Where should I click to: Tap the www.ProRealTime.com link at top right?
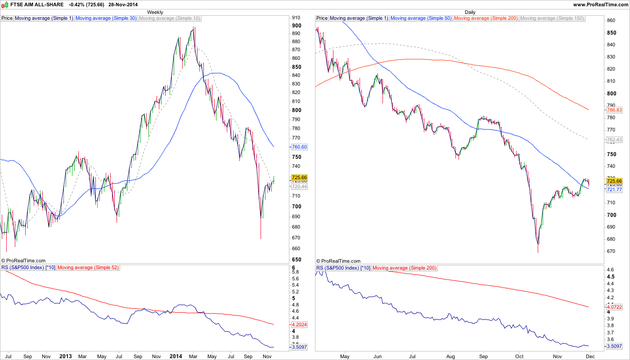pyautogui.click(x=600, y=4)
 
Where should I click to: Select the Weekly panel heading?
pyautogui.click(x=155, y=12)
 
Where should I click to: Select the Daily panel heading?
pyautogui.click(x=470, y=12)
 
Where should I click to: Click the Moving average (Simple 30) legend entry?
pyautogui.click(x=106, y=18)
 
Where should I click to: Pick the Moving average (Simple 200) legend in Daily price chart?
pyautogui.click(x=486, y=18)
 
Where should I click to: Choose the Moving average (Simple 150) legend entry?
pyautogui.click(x=552, y=18)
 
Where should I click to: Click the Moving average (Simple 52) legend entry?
pyautogui.click(x=88, y=268)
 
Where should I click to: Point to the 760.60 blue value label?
pyautogui.click(x=299, y=147)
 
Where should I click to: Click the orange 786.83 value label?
pyautogui.click(x=614, y=110)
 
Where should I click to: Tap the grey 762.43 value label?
pyautogui.click(x=614, y=140)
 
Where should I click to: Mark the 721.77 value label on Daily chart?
pyautogui.click(x=614, y=190)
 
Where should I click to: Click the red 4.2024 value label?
pyautogui.click(x=299, y=324)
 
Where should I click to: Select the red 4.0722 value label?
pyautogui.click(x=614, y=307)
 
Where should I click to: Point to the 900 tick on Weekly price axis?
pyautogui.click(x=296, y=18)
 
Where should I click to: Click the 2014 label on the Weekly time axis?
pyautogui.click(x=175, y=356)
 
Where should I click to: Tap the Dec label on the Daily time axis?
pyautogui.click(x=590, y=356)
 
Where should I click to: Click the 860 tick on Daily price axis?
pyautogui.click(x=611, y=21)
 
